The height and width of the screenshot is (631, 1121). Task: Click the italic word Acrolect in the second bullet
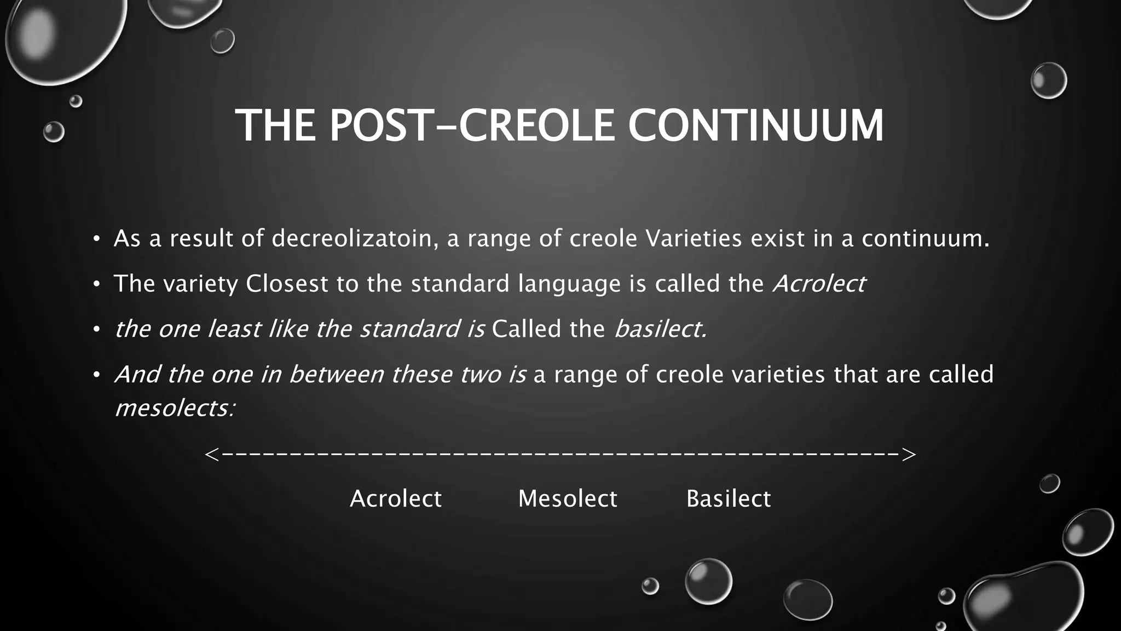click(x=818, y=284)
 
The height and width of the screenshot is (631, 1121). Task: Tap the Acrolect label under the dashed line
click(x=395, y=499)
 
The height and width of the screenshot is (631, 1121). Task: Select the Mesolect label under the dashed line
click(x=568, y=499)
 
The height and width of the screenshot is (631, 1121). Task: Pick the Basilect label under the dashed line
click(x=729, y=499)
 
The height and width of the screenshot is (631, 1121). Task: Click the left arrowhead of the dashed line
click(x=212, y=455)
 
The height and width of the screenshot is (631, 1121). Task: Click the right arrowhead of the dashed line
click(x=909, y=455)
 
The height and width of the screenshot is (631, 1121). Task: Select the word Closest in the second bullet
click(x=287, y=284)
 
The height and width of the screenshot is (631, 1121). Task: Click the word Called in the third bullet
click(x=527, y=329)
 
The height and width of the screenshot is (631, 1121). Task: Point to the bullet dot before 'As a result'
click(x=96, y=239)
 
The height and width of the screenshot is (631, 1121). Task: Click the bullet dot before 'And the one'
click(x=96, y=375)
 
